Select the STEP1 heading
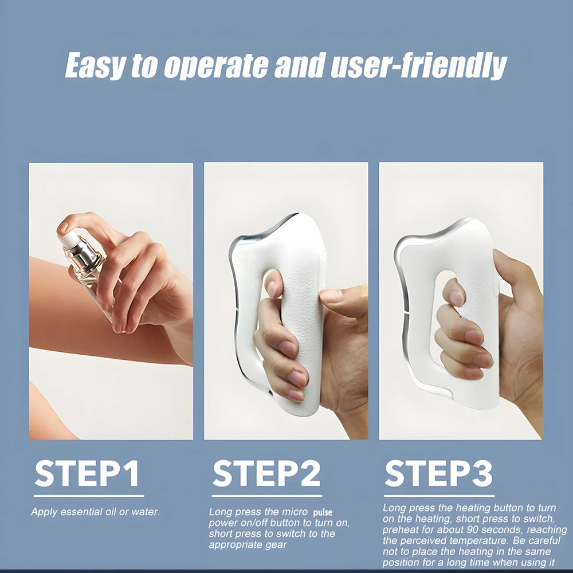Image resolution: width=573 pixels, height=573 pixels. point(87,474)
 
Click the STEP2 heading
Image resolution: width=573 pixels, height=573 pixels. point(266,474)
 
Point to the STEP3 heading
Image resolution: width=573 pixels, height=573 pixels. point(438,474)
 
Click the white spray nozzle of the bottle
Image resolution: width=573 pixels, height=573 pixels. point(67,240)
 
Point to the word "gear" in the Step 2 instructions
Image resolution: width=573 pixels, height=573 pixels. point(274,544)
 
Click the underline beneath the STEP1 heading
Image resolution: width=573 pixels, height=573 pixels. point(89,496)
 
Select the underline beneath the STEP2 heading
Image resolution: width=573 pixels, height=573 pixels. point(266,496)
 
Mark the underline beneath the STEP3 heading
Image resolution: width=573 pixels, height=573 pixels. point(439,496)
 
